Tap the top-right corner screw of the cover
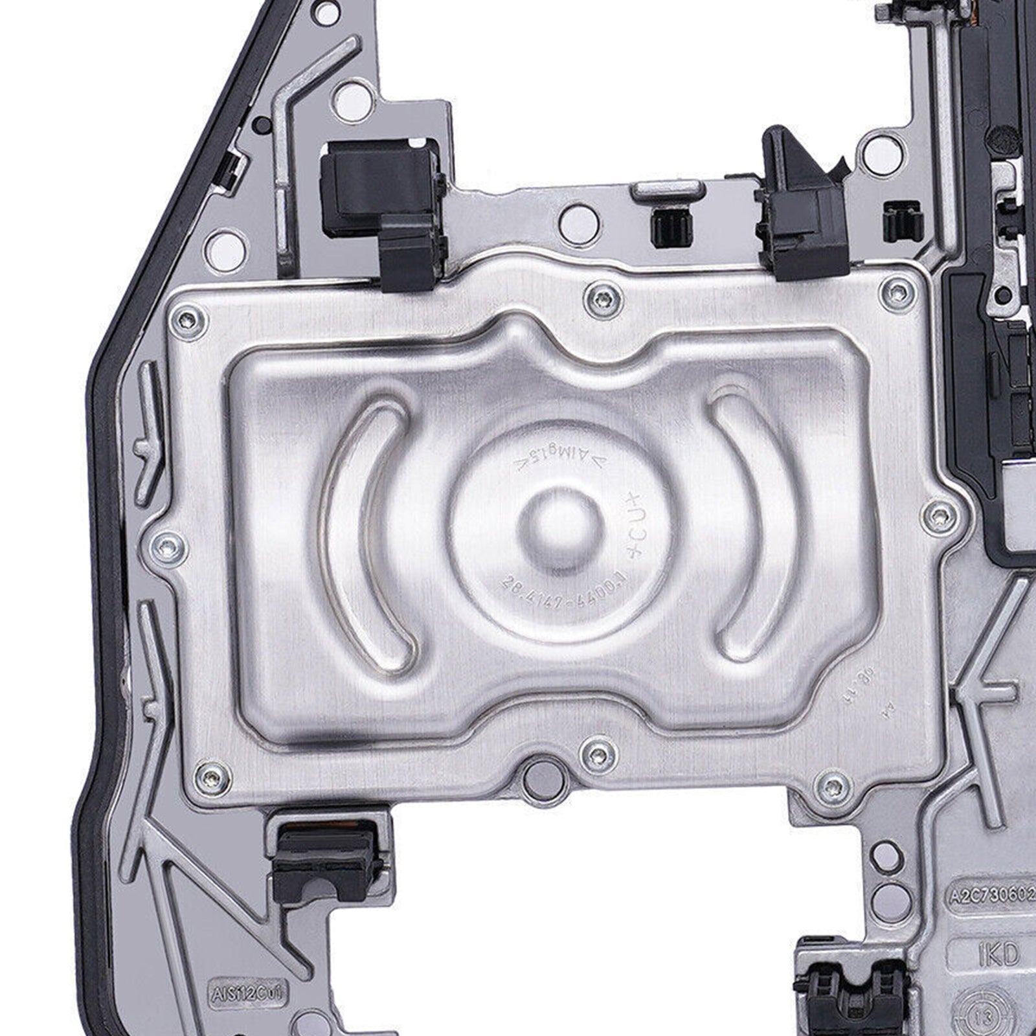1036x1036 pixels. click(x=897, y=291)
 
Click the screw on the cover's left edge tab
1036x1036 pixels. click(x=168, y=548)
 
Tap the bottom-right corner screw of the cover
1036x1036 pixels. click(x=833, y=785)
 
